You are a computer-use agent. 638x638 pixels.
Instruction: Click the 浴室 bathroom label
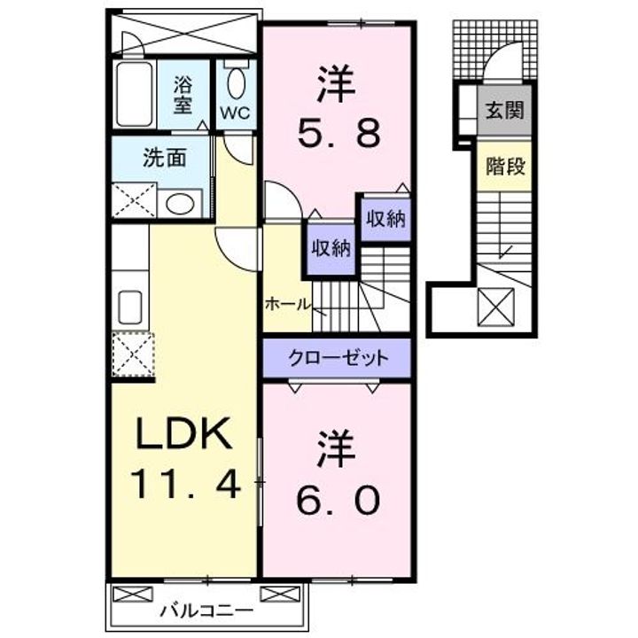click(x=183, y=95)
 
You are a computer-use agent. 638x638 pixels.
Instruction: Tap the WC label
click(x=234, y=113)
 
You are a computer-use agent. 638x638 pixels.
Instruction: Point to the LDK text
click(x=184, y=434)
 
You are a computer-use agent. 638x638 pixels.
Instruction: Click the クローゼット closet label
click(x=338, y=359)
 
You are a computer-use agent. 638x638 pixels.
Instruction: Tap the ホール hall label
click(x=286, y=304)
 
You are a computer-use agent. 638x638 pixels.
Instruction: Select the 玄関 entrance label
click(x=504, y=111)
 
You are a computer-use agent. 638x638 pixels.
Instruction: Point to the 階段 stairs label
click(x=504, y=166)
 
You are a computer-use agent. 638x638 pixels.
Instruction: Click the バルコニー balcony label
click(x=206, y=611)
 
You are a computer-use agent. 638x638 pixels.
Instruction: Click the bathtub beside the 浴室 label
click(x=136, y=95)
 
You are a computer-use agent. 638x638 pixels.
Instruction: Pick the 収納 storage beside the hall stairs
click(x=330, y=248)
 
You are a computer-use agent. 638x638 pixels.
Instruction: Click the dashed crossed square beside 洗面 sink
click(x=133, y=199)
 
